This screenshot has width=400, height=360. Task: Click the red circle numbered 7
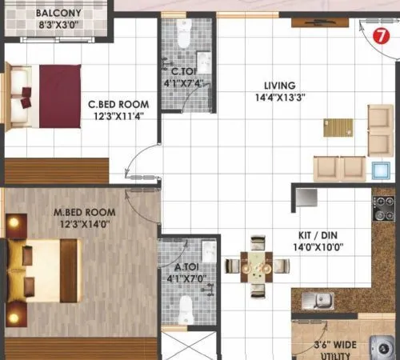tap(382, 36)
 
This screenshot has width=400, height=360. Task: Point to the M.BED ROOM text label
tap(84, 212)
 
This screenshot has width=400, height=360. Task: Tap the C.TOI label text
tap(178, 70)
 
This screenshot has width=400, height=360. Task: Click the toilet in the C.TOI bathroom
tap(182, 34)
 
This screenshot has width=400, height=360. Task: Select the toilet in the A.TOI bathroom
tap(186, 308)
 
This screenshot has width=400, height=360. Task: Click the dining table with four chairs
tap(257, 263)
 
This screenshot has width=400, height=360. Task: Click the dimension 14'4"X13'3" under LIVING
tap(280, 98)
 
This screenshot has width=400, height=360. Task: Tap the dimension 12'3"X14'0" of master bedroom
tap(84, 225)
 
